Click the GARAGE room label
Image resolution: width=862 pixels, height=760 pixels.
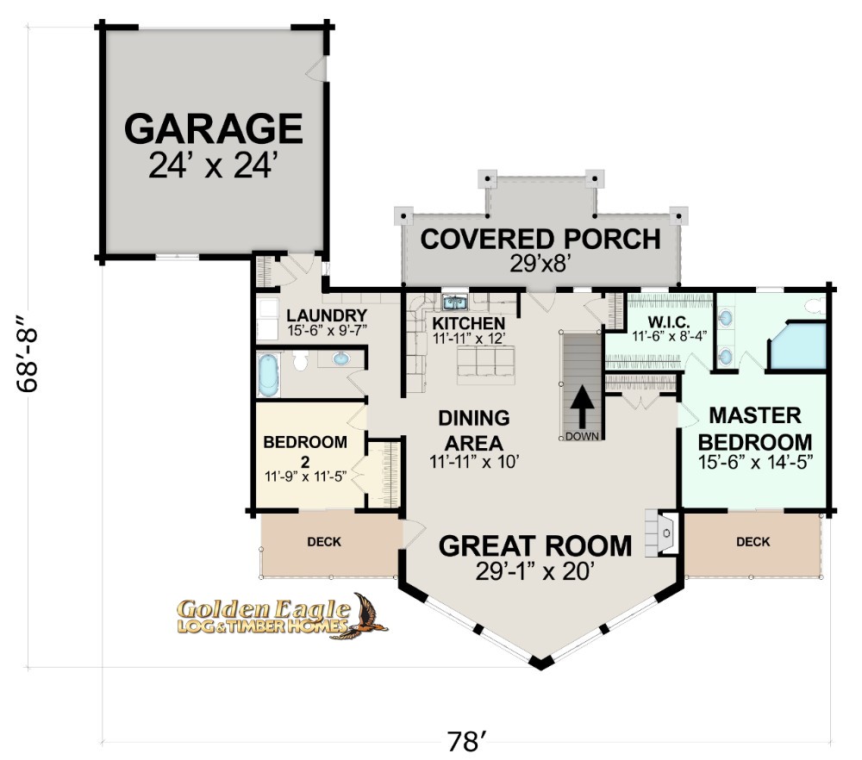[x=213, y=128]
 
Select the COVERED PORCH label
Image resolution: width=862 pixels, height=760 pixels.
[x=540, y=240]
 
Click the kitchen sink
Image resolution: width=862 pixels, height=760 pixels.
[x=455, y=302]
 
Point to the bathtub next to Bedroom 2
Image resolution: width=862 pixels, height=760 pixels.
[x=269, y=375]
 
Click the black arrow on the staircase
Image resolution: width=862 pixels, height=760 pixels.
[x=582, y=406]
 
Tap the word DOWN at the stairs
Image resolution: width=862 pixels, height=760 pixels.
[x=582, y=437]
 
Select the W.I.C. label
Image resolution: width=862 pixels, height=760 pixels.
[x=669, y=322]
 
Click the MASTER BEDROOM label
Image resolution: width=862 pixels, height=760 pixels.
[x=755, y=428]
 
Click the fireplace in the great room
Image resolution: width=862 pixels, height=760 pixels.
[x=663, y=533]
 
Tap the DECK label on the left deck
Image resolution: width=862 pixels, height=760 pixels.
[x=324, y=542]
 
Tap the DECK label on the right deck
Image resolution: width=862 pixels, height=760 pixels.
[x=753, y=542]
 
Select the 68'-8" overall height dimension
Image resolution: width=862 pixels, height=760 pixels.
[x=28, y=353]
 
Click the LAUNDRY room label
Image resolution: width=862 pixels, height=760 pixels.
[x=327, y=316]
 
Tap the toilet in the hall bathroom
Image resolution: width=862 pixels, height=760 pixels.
[x=300, y=360]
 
